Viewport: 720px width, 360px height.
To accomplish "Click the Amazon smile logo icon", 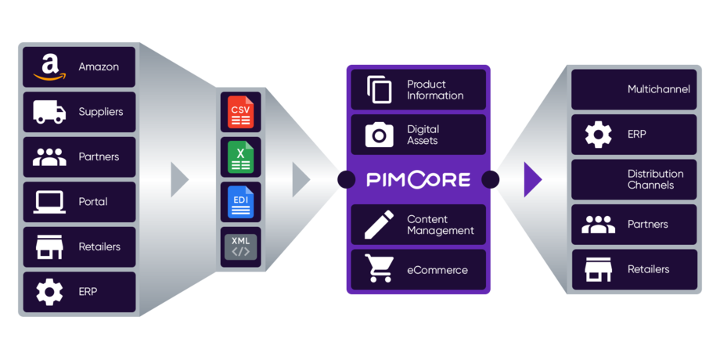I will (x=49, y=67).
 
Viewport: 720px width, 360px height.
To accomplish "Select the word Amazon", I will (x=99, y=67).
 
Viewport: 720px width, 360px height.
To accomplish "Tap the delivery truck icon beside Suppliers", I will (x=49, y=112).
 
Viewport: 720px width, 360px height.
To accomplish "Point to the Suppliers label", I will (x=101, y=112).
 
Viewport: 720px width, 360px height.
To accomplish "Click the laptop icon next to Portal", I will (x=49, y=202).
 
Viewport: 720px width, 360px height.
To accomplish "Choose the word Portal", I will (x=93, y=202).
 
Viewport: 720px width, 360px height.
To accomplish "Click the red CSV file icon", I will (x=239, y=111).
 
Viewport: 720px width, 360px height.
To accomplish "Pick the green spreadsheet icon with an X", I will (x=239, y=156).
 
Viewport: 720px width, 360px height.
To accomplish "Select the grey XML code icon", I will (x=239, y=246).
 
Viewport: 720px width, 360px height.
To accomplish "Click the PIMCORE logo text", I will (x=419, y=180).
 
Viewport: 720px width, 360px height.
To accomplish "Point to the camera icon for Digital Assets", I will (x=380, y=135).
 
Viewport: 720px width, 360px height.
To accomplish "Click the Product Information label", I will (x=435, y=90).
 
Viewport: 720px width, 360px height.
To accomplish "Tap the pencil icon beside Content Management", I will (x=380, y=225).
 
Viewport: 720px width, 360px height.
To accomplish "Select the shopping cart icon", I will (x=380, y=269).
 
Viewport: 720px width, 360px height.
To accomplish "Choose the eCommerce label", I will (x=437, y=270).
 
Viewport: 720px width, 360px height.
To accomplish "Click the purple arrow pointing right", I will (x=533, y=179).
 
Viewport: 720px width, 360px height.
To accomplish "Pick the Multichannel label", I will (x=659, y=89).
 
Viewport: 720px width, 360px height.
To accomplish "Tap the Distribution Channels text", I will (x=655, y=179).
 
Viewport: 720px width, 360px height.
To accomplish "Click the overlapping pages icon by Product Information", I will (x=380, y=90).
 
